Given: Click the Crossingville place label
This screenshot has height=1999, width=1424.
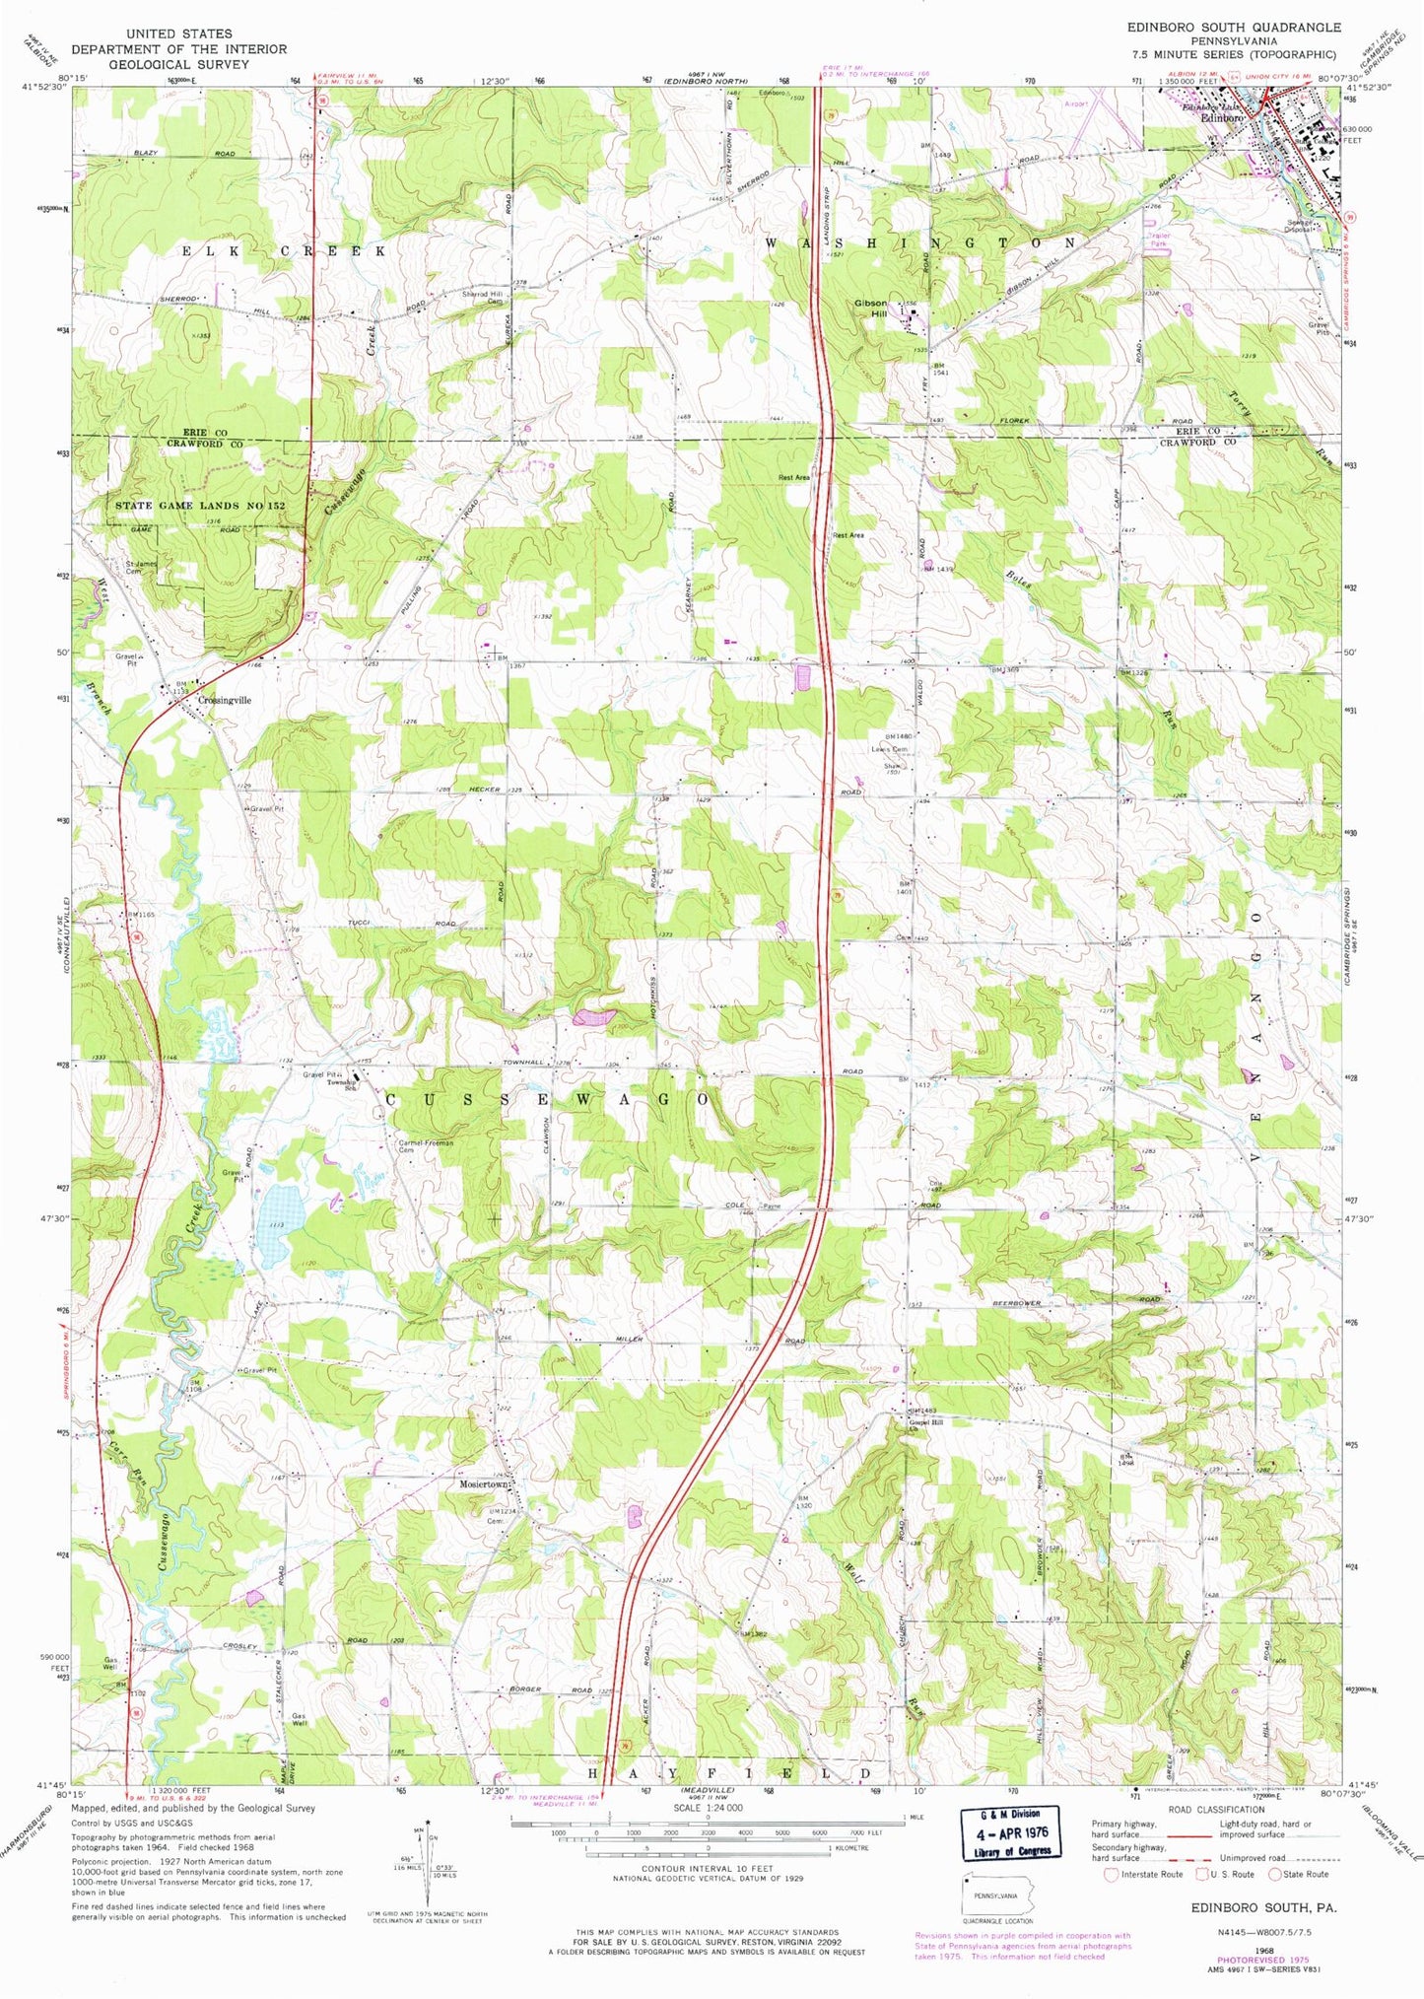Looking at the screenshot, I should [x=225, y=700].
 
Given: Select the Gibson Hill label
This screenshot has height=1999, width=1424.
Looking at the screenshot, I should [x=871, y=309].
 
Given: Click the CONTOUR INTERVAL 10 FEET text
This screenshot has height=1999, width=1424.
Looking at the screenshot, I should [x=707, y=1868].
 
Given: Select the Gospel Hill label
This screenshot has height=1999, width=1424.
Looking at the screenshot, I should [x=925, y=1424].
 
